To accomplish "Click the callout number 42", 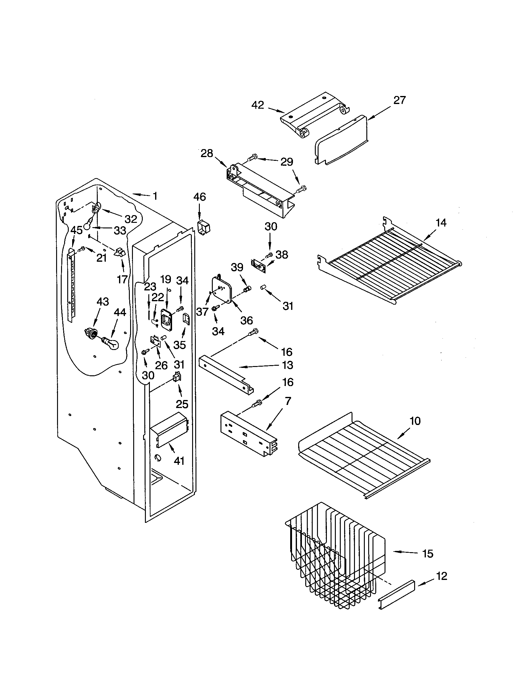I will click(257, 105).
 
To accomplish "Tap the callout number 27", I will click(399, 100).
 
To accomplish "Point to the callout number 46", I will click(200, 197).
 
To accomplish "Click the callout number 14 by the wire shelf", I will click(441, 223).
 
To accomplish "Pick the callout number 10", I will click(415, 421).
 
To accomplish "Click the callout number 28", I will click(207, 153).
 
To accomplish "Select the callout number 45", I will click(76, 230).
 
